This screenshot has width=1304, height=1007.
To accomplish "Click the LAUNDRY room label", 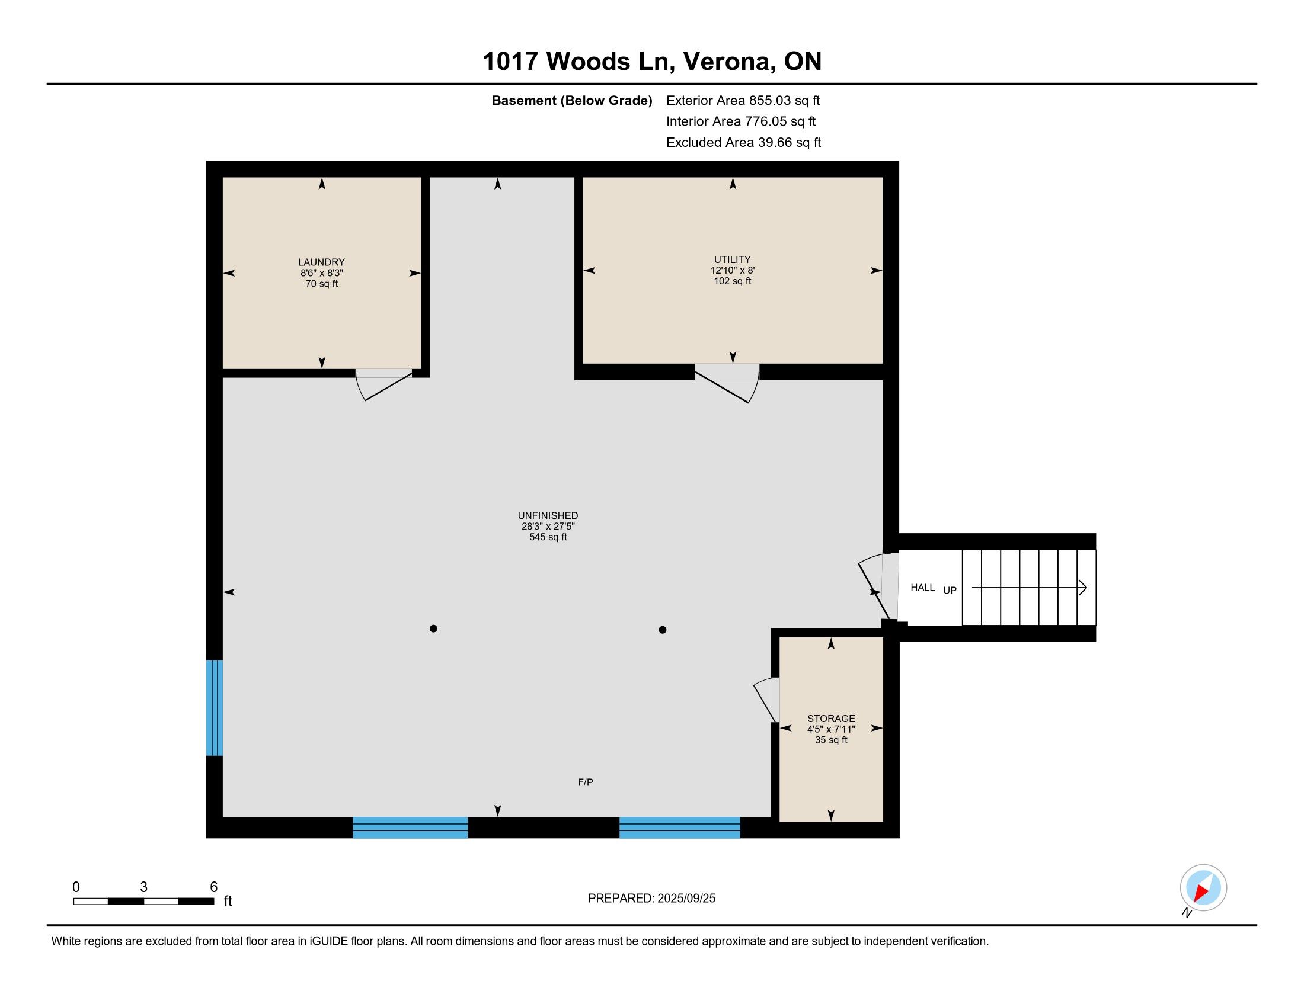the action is tap(321, 262).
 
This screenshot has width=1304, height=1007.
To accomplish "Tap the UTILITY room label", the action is tap(732, 259).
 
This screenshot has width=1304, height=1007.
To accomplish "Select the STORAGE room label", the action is tap(831, 719).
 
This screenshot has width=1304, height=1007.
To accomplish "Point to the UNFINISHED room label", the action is tap(548, 515).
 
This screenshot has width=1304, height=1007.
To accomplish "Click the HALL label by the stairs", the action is tap(922, 588).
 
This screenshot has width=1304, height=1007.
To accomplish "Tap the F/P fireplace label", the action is tap(585, 782).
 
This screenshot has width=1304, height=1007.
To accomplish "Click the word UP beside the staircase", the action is tap(950, 590).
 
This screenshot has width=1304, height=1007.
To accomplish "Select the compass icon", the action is tap(1203, 887).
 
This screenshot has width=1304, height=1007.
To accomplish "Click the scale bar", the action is tap(144, 901).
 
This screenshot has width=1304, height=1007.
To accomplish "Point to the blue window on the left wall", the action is tap(215, 707).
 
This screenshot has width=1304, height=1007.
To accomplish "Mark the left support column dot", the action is tap(433, 628).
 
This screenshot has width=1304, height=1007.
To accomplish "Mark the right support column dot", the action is tap(662, 629).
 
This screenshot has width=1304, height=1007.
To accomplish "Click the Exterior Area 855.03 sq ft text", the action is tap(743, 100).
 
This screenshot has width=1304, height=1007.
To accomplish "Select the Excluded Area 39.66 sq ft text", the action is tap(743, 142).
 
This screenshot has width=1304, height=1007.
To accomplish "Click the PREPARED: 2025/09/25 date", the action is tap(651, 898).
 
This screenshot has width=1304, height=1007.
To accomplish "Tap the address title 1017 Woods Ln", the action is tap(578, 62).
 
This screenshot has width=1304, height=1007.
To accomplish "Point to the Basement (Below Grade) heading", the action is tap(571, 100).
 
